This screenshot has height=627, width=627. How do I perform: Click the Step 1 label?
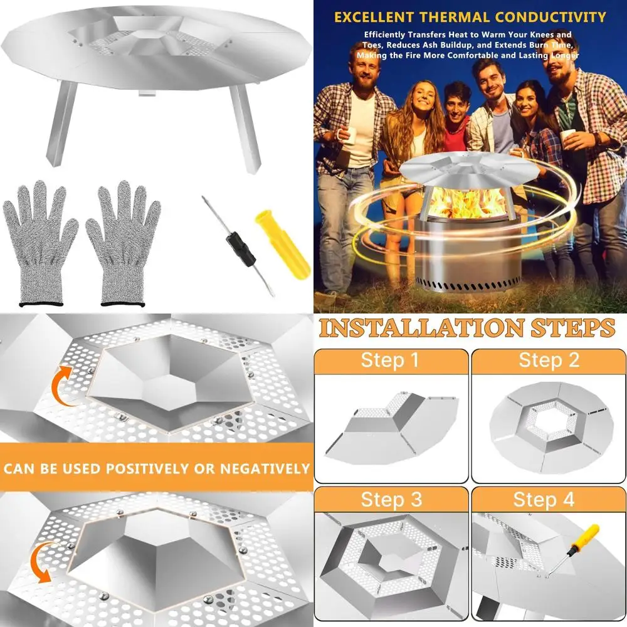point(391,361)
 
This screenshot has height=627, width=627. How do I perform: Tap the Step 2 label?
point(549,361)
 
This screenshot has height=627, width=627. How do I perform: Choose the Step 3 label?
point(391,500)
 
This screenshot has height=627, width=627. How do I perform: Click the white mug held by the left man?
point(349,134)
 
